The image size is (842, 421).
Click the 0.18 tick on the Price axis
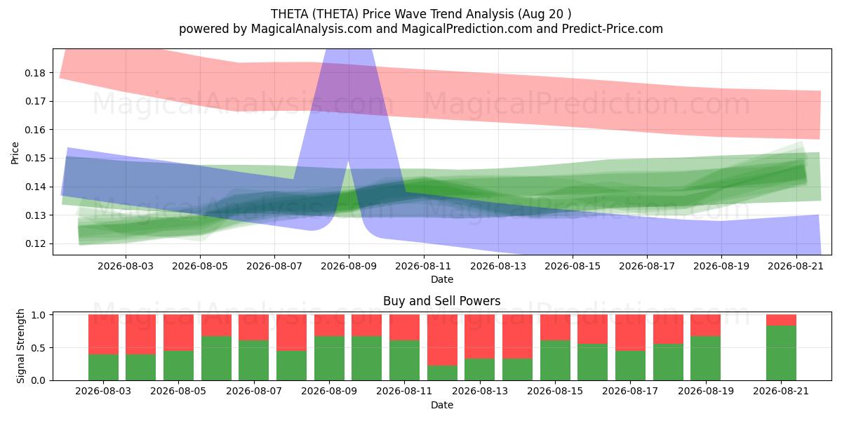click(35, 73)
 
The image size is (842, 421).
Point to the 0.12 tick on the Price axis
click(35, 244)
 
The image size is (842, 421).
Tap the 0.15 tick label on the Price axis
click(35, 159)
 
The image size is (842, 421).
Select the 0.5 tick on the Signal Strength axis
click(38, 348)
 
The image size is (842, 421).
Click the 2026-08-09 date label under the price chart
click(349, 266)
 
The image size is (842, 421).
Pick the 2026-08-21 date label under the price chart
click(796, 266)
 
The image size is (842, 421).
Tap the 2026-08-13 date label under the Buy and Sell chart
click(480, 391)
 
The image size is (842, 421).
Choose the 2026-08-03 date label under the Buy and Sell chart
click(103, 391)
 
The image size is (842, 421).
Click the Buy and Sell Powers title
click(441, 301)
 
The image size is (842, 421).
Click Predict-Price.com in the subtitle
click(613, 29)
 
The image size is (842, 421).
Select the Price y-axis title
click(15, 153)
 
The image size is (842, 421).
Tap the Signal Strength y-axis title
click(20, 346)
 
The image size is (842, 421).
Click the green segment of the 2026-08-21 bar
click(781, 353)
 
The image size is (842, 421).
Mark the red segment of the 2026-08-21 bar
click(781, 320)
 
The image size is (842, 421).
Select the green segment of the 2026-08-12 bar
click(442, 373)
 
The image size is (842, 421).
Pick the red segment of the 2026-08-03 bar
click(103, 335)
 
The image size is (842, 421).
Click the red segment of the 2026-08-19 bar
click(706, 325)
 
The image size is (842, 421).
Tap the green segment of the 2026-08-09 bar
click(367, 359)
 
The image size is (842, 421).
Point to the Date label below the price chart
click(441, 279)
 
